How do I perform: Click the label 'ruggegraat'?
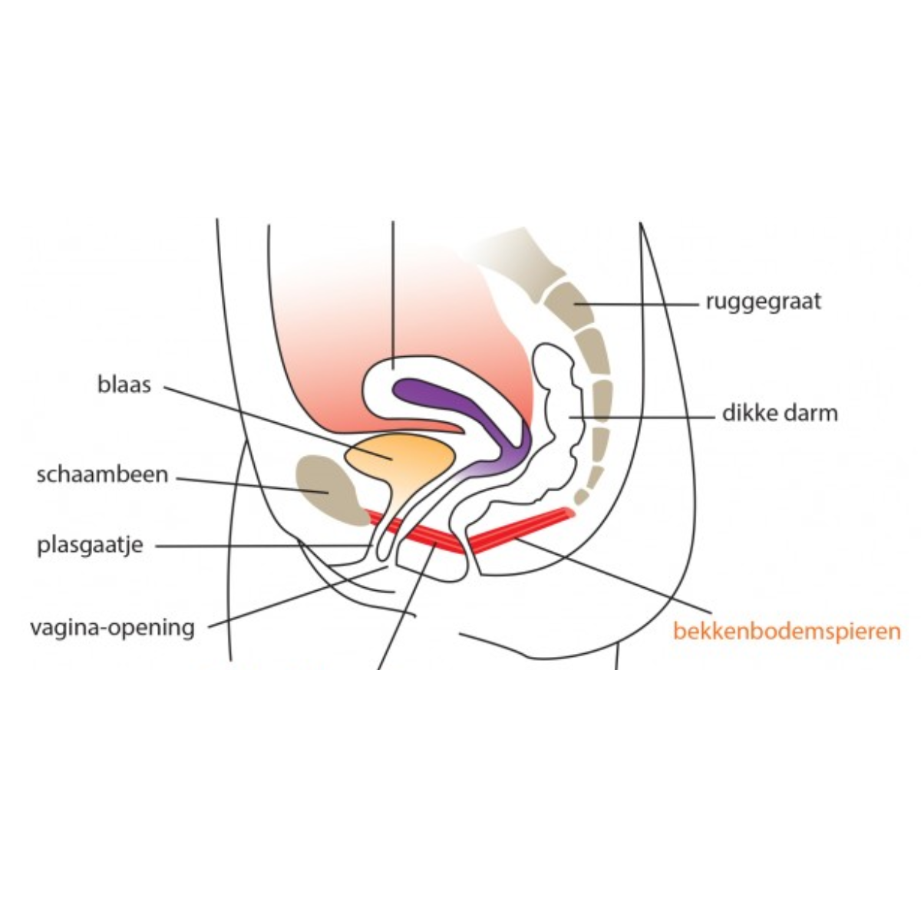(x=763, y=302)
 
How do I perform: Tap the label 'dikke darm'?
(x=780, y=414)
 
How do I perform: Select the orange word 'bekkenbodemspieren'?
(x=787, y=631)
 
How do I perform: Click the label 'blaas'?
(x=124, y=385)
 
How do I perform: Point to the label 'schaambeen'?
(x=102, y=474)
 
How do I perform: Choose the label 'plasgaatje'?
(x=91, y=546)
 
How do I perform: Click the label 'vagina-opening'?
(x=113, y=628)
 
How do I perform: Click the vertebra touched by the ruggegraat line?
(x=569, y=303)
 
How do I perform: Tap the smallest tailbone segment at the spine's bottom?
(x=581, y=497)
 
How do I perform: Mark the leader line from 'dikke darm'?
(x=642, y=418)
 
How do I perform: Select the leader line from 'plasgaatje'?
(x=264, y=546)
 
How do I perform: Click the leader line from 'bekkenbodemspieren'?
(x=614, y=575)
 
